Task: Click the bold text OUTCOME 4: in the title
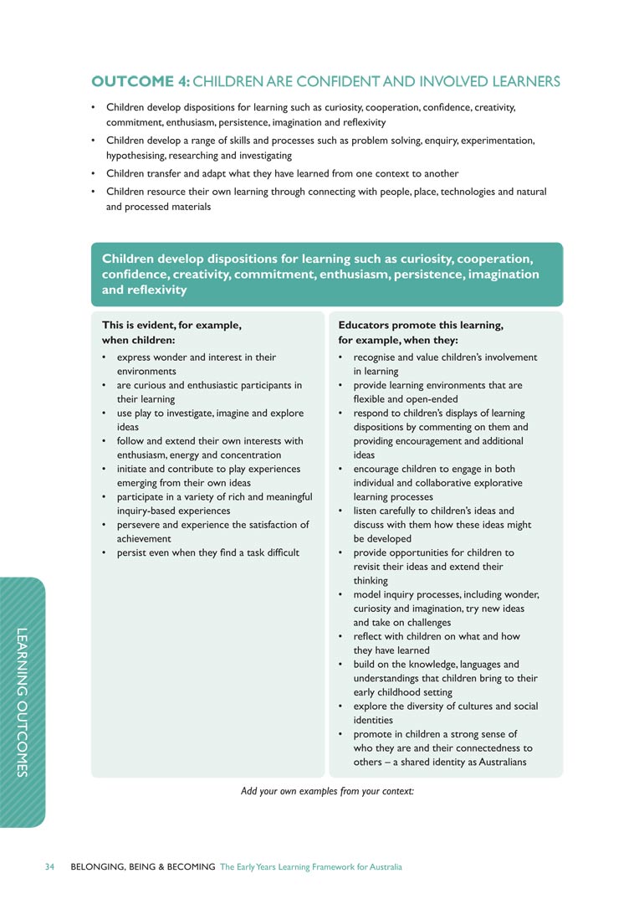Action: coord(141,82)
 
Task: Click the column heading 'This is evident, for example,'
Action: coord(171,325)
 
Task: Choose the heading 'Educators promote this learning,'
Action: coord(421,325)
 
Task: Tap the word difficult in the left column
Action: coord(277,552)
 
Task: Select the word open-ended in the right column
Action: coord(429,399)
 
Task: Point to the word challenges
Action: coord(424,622)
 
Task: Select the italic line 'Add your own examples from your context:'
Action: coord(327,791)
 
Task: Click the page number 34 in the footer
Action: coord(50,867)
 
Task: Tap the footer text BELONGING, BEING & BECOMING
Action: coord(143,867)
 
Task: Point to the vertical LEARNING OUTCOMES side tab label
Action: coord(23,702)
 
